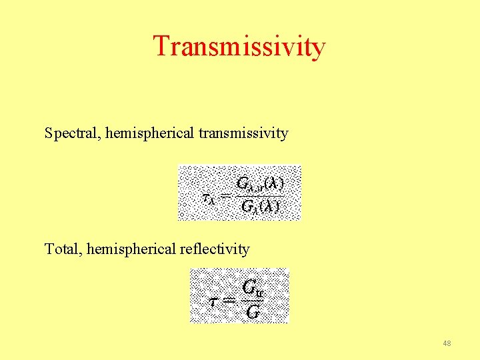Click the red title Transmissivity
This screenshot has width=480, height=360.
[x=239, y=47]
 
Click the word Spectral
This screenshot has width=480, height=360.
[x=69, y=133]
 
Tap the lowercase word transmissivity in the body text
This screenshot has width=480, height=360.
[x=243, y=133]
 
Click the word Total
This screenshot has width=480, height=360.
[x=61, y=249]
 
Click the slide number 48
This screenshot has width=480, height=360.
[x=447, y=343]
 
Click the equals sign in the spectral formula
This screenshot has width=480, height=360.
[x=225, y=197]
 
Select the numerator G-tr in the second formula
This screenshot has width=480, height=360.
[x=252, y=287]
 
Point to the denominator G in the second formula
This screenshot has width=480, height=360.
[x=252, y=311]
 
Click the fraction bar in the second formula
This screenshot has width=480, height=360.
[x=252, y=300]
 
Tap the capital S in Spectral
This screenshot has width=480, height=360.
[x=49, y=133]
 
